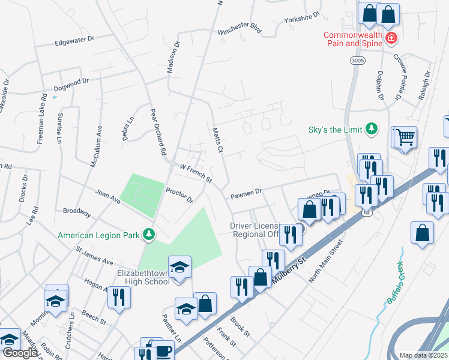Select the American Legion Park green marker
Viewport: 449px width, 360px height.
point(148,235)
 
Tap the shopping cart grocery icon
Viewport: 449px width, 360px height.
point(406,137)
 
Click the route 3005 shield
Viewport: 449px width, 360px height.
point(357,61)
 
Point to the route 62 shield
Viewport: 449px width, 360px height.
point(367,212)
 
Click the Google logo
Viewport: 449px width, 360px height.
point(20,353)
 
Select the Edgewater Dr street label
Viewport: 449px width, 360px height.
point(75,40)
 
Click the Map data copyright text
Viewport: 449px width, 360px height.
point(424,355)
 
